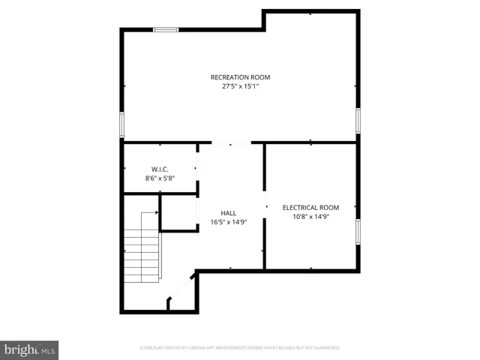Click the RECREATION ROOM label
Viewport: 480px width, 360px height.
pyautogui.click(x=240, y=77)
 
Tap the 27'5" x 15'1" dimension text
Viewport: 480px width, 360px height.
pyautogui.click(x=240, y=86)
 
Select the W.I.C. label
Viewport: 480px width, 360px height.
pyautogui.click(x=159, y=169)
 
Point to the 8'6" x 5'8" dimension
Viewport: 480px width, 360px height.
pyautogui.click(x=159, y=178)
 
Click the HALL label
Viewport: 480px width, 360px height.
pyautogui.click(x=229, y=213)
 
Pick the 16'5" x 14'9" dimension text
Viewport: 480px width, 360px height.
pyautogui.click(x=229, y=222)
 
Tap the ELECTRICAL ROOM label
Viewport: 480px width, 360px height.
pyautogui.click(x=310, y=208)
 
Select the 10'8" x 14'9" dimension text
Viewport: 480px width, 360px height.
pyautogui.click(x=310, y=217)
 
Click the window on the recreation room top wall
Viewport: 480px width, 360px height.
pyautogui.click(x=166, y=29)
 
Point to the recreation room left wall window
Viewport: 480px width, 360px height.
pyautogui.click(x=122, y=124)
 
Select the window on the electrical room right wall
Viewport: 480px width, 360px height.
pyautogui.click(x=358, y=232)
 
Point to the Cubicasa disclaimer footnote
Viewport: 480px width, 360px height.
pyautogui.click(x=240, y=348)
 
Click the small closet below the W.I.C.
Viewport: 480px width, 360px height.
pyautogui.click(x=178, y=213)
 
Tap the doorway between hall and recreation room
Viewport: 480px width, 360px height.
pyautogui.click(x=231, y=142)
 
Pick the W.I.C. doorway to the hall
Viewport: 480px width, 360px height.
pyautogui.click(x=198, y=169)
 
